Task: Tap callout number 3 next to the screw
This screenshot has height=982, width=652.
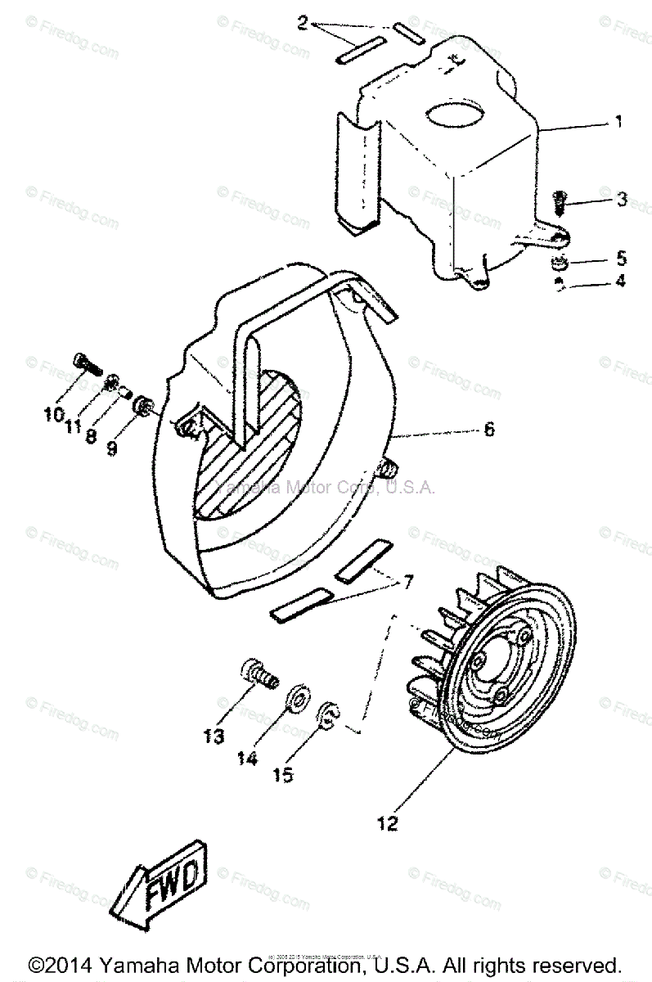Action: coord(622,199)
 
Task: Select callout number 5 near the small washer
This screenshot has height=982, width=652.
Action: coord(622,259)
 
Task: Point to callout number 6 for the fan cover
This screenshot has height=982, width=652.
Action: coord(488,429)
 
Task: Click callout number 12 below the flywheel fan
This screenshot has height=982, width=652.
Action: coord(388,823)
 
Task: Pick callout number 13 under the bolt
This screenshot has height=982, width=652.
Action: coord(214,736)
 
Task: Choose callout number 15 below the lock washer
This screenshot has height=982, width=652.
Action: coord(283,773)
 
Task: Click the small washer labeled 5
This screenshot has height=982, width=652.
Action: coord(556,264)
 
